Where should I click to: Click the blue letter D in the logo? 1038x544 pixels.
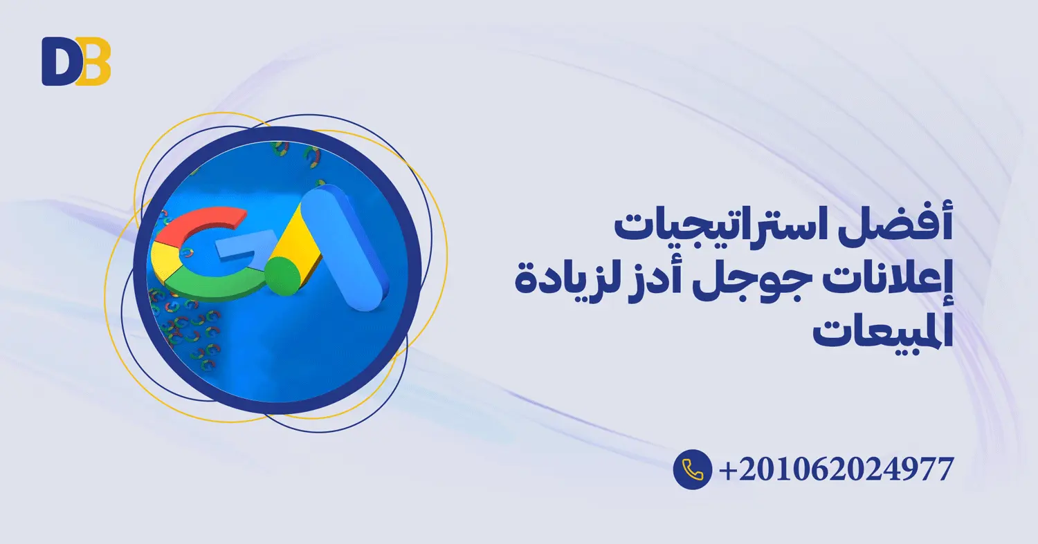pyautogui.click(x=57, y=62)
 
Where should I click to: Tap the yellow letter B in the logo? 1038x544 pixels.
pyautogui.click(x=94, y=62)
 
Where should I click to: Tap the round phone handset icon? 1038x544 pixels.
pyautogui.click(x=692, y=469)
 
